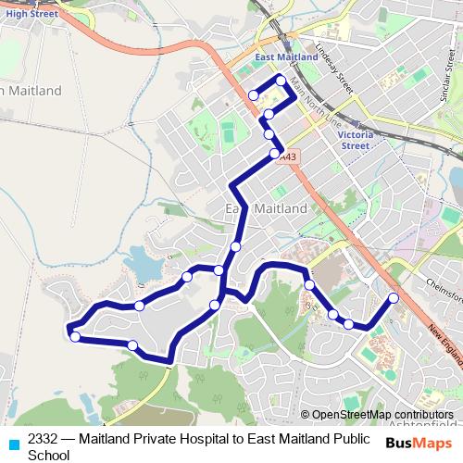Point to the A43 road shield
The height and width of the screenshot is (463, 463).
click(x=290, y=156)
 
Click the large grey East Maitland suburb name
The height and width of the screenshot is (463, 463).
click(x=267, y=209)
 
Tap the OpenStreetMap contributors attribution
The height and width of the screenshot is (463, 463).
click(x=383, y=415)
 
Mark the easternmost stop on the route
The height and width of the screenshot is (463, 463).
click(x=393, y=298)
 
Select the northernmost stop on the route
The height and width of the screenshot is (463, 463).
click(x=281, y=80)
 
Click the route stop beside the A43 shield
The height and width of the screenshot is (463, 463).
click(x=274, y=154)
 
